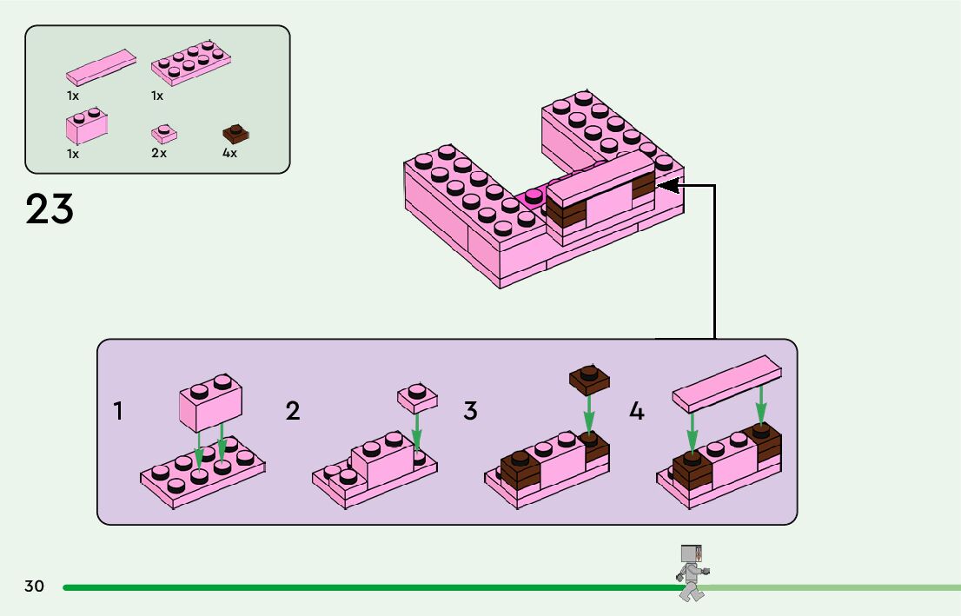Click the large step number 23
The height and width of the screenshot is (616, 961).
50,209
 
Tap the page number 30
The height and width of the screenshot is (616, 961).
34,586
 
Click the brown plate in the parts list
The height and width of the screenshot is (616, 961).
235,134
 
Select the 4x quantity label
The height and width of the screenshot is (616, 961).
229,153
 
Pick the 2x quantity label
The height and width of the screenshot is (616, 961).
158,153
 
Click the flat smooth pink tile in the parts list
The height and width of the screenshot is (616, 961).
101,67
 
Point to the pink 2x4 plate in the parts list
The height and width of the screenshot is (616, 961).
190,63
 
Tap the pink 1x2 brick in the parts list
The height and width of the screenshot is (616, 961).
86,127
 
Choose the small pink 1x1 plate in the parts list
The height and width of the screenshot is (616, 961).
163,134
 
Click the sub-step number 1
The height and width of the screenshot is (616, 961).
118,411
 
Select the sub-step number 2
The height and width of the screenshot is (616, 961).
293,411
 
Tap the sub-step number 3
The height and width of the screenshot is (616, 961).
470,411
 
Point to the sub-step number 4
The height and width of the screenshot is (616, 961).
637,411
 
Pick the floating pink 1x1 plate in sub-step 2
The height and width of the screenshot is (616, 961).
417,397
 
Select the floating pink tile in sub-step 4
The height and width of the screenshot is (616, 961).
726,383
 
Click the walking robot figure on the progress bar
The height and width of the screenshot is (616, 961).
692,572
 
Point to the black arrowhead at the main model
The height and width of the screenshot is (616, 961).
666,185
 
